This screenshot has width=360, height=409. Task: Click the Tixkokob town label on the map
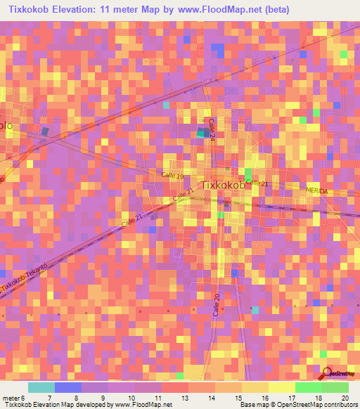(x=224, y=186)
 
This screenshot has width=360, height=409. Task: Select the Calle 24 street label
(x=212, y=129)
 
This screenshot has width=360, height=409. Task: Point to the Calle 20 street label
(x=217, y=305)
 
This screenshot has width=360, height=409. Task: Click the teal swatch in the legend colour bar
(x=41, y=387)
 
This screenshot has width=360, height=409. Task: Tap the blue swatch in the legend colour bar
(x=67, y=387)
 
